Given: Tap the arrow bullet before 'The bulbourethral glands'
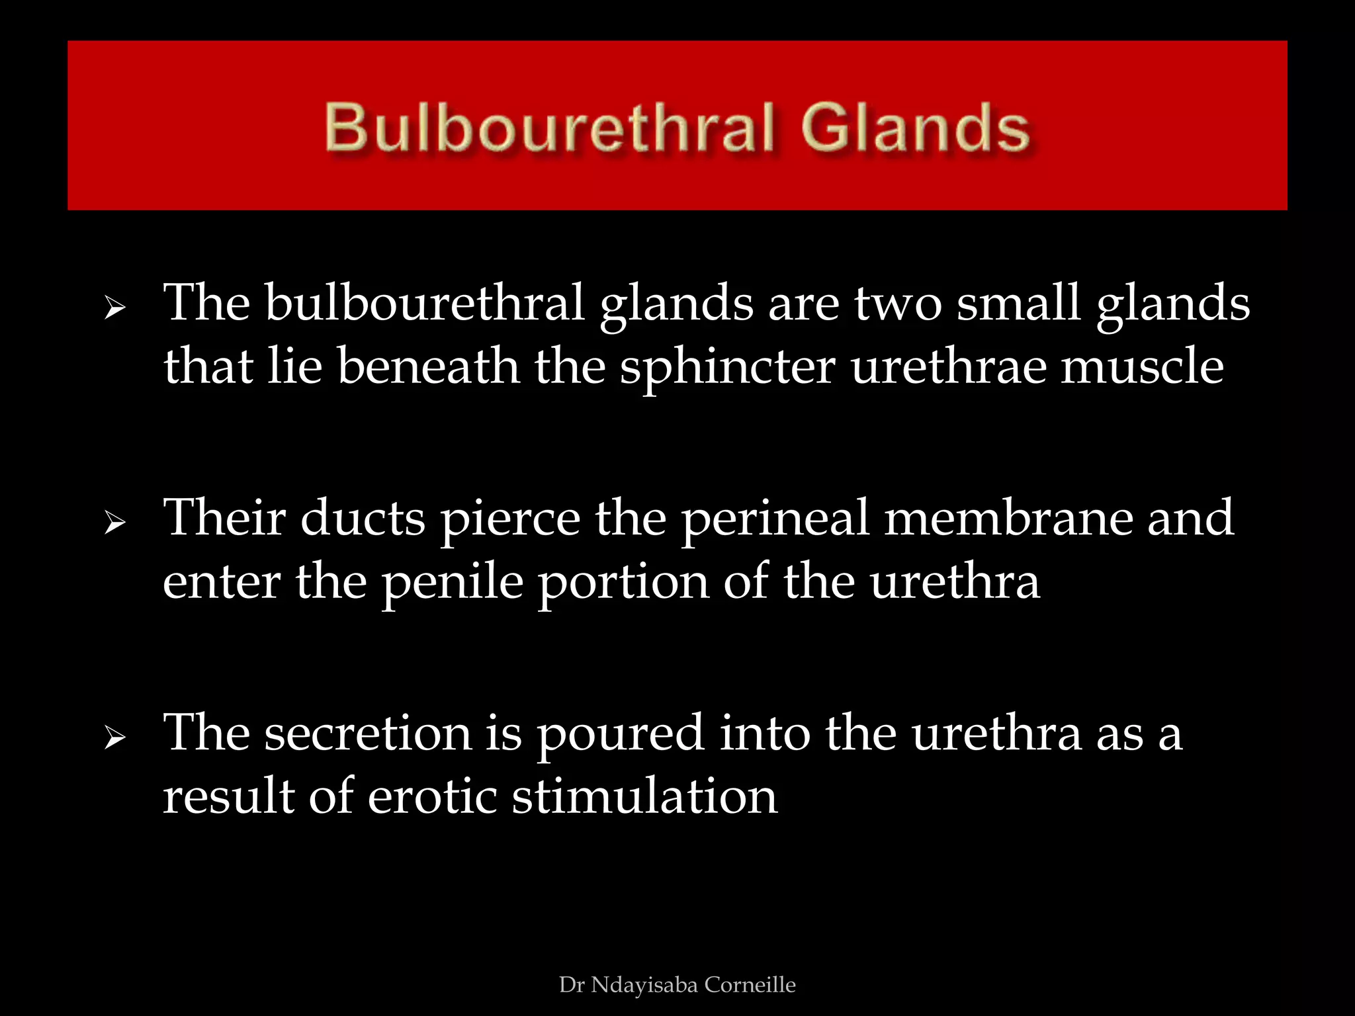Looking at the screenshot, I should coord(114,308).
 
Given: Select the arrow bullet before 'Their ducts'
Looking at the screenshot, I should coord(114,523).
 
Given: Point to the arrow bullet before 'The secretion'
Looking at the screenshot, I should coord(114,738).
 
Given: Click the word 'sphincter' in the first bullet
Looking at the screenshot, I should coord(727,368).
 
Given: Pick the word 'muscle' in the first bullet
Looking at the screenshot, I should coord(1143,366).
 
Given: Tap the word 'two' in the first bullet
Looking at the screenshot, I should coord(898,304).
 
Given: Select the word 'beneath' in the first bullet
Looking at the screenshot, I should coord(428,366).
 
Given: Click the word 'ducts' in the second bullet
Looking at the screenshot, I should coord(363,518).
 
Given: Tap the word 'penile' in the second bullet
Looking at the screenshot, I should coord(453,583).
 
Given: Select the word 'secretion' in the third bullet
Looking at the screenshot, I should coord(369,733).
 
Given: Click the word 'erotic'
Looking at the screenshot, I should coord(432,796).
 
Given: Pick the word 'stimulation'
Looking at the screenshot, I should coord(645,796).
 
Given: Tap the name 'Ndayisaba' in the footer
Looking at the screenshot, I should coord(645,985).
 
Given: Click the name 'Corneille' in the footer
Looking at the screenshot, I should coord(750,984).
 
